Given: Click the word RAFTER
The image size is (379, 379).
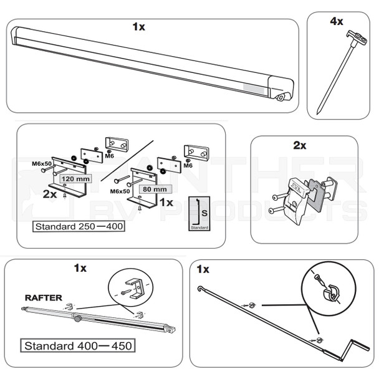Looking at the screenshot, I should (x=44, y=298).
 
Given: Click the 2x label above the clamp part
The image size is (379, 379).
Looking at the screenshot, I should (x=299, y=145).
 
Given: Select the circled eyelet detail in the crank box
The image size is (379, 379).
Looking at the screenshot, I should (x=324, y=287).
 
